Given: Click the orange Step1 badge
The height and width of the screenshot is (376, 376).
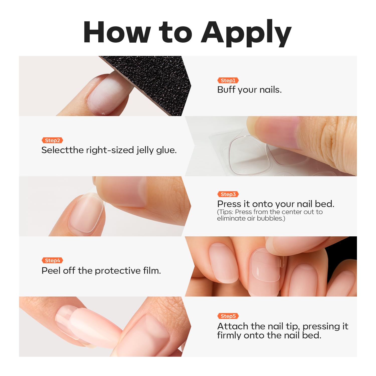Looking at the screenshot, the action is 228,80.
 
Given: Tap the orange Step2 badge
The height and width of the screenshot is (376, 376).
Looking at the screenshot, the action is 52,140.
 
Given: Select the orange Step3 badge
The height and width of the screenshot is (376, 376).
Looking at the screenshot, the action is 228,194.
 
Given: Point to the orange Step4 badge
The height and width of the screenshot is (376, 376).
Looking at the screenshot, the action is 52,260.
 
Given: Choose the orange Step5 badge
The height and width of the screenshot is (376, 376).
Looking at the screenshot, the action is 228,316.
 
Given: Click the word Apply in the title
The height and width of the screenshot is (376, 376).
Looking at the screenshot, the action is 246,33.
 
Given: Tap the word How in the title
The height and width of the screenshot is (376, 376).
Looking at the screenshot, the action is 117,32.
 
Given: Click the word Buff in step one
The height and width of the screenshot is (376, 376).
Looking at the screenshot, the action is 226,89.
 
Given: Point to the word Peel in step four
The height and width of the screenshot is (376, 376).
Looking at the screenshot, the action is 51,270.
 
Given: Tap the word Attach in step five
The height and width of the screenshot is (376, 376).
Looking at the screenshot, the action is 233,326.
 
